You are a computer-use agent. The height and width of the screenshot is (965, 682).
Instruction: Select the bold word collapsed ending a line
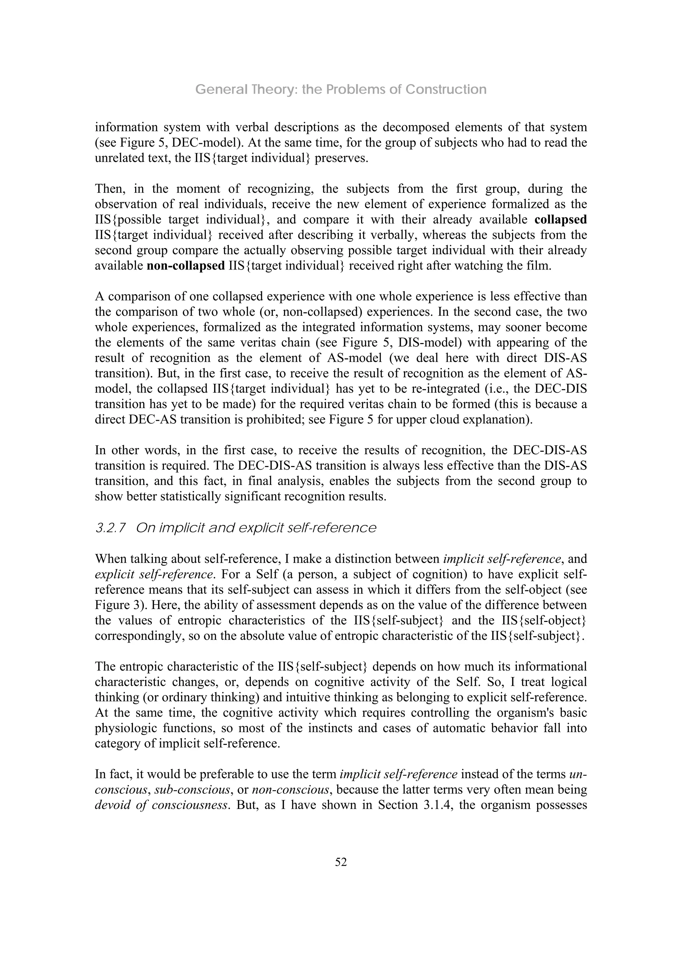(560, 220)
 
